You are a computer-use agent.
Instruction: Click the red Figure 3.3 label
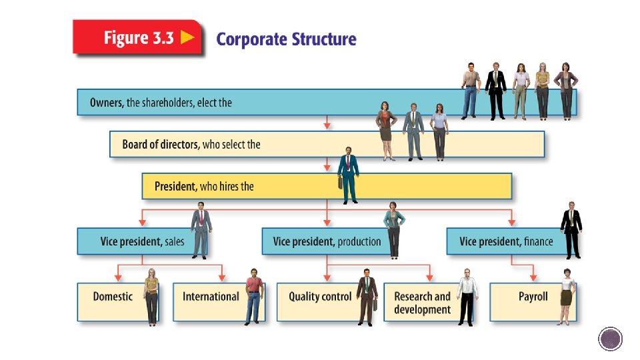(x=138, y=37)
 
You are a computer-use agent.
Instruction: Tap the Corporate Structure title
(x=286, y=39)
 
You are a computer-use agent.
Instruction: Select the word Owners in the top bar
(x=107, y=103)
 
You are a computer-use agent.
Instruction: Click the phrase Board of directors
(x=160, y=144)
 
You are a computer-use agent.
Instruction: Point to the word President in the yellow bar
(x=175, y=186)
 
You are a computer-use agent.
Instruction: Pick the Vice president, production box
(x=327, y=241)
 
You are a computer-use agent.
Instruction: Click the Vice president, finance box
(x=506, y=241)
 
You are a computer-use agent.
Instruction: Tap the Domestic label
(x=113, y=297)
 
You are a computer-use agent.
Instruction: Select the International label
(x=211, y=297)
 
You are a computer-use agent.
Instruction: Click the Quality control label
(x=320, y=297)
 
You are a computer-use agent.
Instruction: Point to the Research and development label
(x=422, y=303)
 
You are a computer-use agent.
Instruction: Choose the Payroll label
(x=533, y=297)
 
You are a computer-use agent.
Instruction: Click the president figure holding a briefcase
(x=347, y=175)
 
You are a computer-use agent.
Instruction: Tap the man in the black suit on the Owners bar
(x=495, y=91)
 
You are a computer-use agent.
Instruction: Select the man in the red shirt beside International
(x=253, y=295)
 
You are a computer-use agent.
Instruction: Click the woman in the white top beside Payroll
(x=566, y=296)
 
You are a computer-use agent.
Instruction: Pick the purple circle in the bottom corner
(x=610, y=339)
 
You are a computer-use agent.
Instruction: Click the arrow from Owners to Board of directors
(x=327, y=123)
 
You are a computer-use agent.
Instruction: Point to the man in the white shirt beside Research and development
(x=467, y=296)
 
